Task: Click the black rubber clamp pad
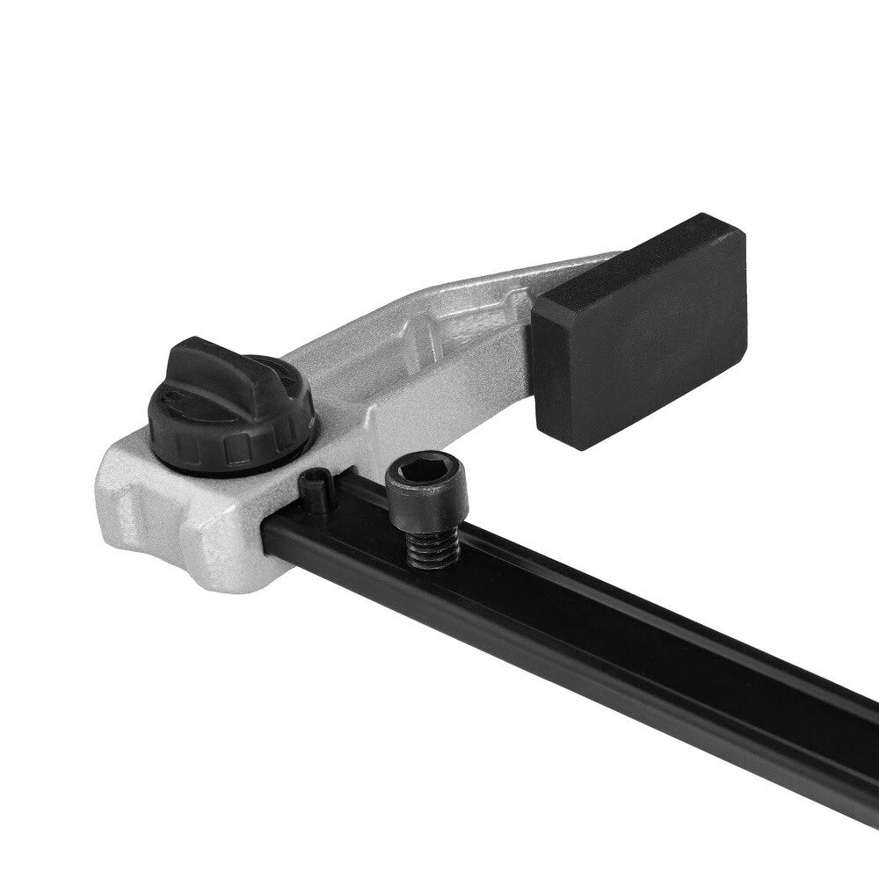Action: click(x=642, y=334)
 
